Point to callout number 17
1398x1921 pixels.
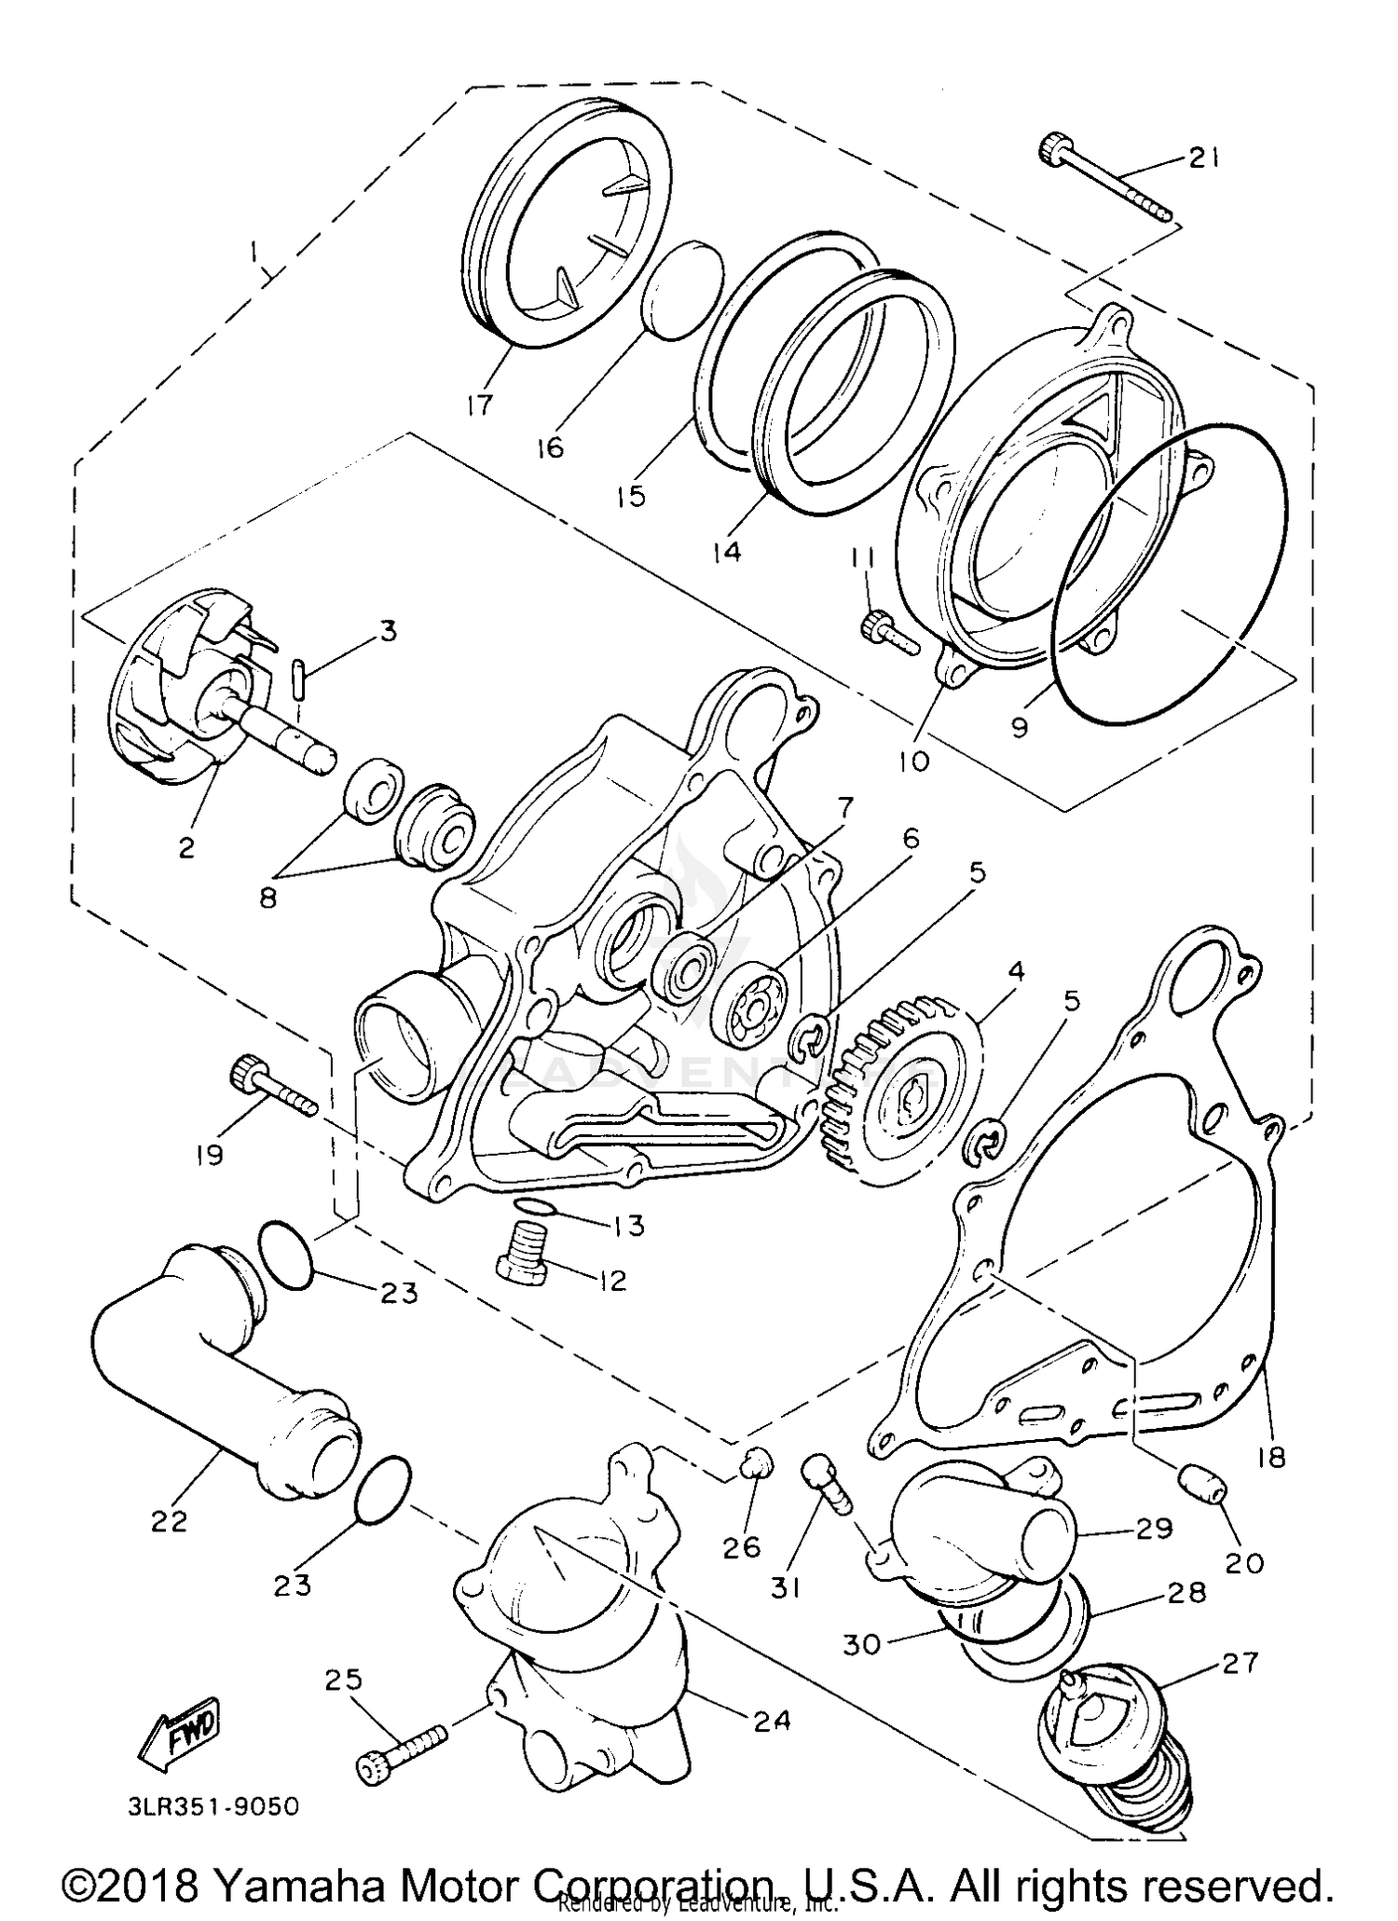tap(481, 406)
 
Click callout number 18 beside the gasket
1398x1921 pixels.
tap(1269, 1456)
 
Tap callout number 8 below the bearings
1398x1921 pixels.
tap(268, 900)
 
